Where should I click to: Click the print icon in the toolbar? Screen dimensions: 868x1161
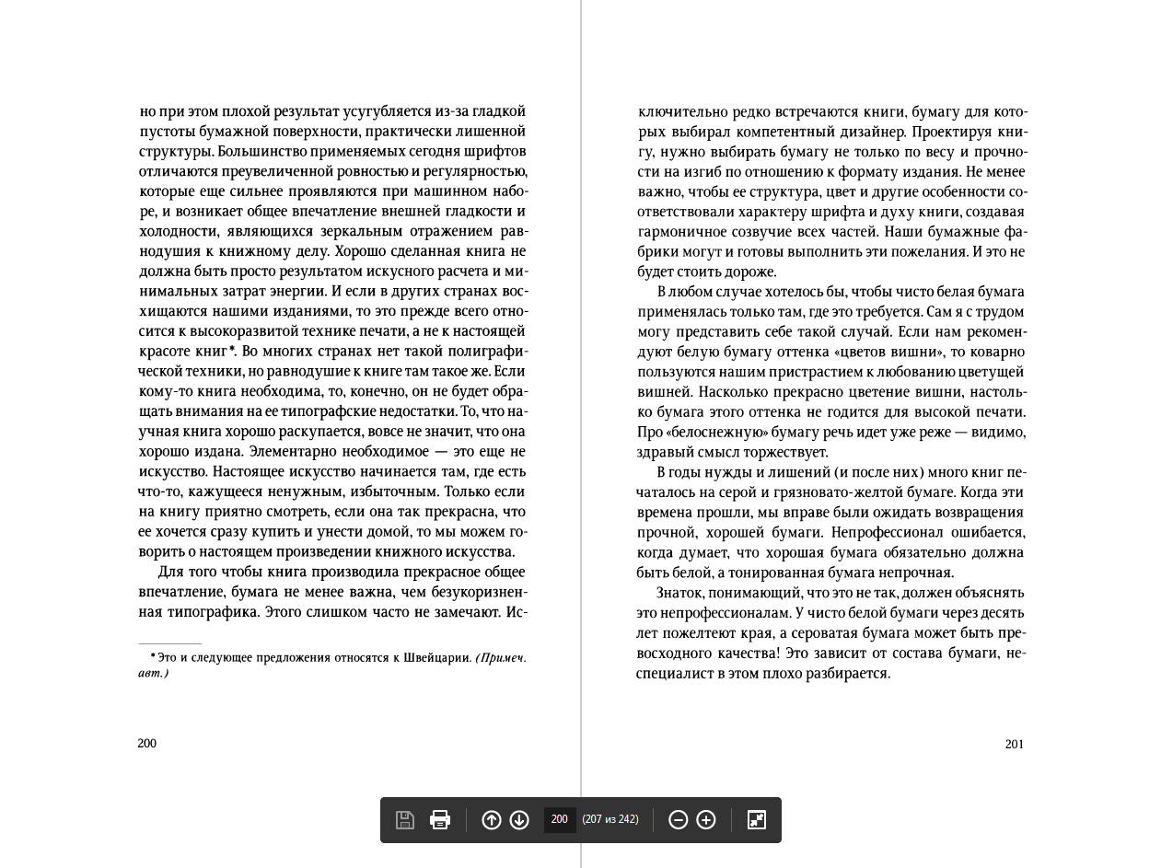440,820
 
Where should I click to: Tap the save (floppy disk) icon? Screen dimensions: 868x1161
405,820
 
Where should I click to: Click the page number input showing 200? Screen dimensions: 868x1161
560,820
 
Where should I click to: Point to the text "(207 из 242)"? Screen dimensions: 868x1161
610,819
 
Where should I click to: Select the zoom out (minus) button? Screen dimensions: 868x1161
678,820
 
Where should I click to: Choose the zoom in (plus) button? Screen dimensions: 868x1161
706,820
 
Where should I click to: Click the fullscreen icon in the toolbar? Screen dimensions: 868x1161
757,820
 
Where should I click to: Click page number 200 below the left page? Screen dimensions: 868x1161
147,744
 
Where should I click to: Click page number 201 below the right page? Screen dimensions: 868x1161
1015,745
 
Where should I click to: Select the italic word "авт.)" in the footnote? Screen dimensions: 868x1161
154,673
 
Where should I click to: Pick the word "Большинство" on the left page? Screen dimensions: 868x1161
261,152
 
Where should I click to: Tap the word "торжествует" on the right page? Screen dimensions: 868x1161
787,453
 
